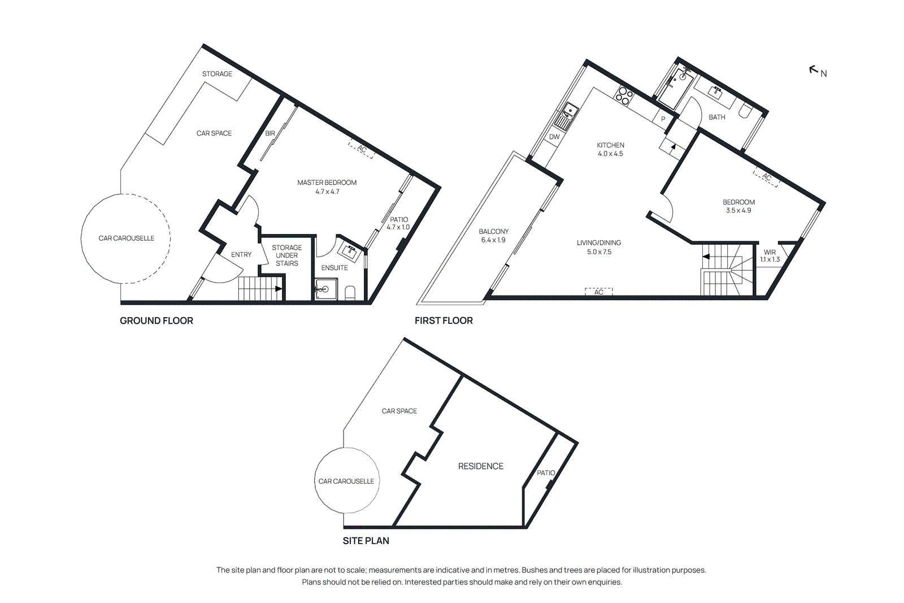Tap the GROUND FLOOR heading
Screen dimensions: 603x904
pos(157,320)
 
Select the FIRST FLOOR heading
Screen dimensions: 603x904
pos(444,320)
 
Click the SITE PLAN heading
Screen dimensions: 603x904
pos(366,541)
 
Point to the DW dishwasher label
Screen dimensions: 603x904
pos(554,137)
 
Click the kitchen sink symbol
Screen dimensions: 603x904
pos(565,116)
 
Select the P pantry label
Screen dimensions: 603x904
pos(663,119)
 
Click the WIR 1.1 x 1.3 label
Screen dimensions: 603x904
pos(770,256)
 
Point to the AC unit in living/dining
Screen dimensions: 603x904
pos(599,292)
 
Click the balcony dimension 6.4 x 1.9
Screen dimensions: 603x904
pos(493,240)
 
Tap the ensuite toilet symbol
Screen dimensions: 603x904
pos(350,292)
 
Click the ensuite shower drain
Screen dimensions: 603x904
pos(324,289)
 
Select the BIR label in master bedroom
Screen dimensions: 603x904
pos(270,133)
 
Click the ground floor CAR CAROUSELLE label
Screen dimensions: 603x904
pos(126,238)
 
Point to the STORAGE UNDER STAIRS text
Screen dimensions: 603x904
pos(286,255)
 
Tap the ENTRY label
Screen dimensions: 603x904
pos(241,255)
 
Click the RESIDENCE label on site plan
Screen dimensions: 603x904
pos(480,466)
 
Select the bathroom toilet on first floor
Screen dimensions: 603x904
pos(744,111)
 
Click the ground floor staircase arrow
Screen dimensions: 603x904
pos(277,289)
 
